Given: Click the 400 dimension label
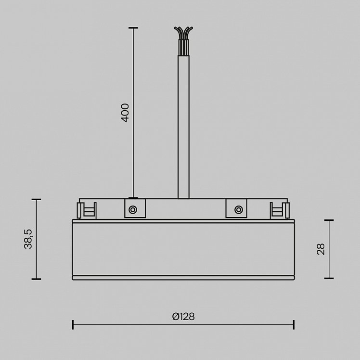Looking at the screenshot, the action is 125,113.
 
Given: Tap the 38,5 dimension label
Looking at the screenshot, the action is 28,239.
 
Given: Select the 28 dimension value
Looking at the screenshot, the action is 321,249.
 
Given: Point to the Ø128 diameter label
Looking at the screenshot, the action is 183,317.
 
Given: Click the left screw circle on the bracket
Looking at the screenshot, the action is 133,210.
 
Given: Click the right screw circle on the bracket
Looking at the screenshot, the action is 239,210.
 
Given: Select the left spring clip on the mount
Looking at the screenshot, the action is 87,210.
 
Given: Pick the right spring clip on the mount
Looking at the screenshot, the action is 280,210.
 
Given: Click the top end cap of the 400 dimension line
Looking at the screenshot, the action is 133,28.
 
